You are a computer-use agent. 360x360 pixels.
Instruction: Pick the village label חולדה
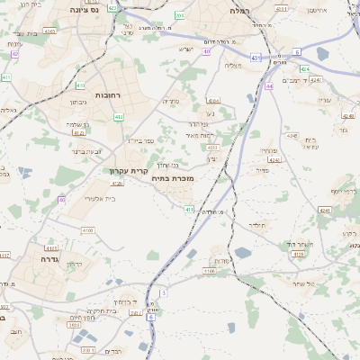click(x=256, y=224)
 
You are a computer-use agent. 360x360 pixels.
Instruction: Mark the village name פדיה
click(x=263, y=169)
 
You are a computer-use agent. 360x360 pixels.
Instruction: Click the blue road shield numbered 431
click(x=256, y=58)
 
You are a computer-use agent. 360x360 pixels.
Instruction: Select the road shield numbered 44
click(x=269, y=86)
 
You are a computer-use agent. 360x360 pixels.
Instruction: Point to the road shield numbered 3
click(x=163, y=293)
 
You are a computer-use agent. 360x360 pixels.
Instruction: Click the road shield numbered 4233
click(x=212, y=147)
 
